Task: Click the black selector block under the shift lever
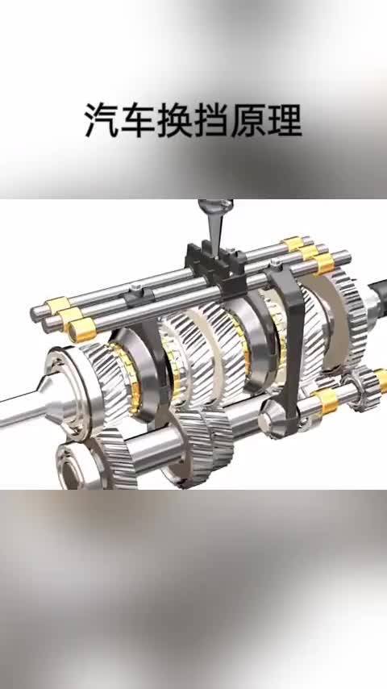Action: pos(216,267)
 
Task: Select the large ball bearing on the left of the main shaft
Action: pos(70,386)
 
